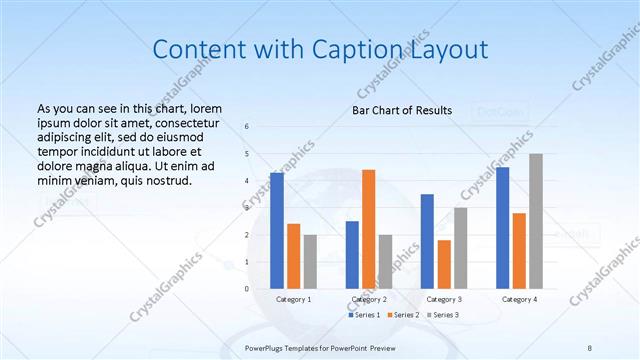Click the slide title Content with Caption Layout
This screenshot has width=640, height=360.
[319, 49]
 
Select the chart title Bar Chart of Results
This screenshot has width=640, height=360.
[402, 110]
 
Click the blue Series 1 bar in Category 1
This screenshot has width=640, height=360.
[277, 230]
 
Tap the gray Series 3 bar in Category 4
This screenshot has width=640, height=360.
[536, 221]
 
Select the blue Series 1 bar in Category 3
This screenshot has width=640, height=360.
[427, 241]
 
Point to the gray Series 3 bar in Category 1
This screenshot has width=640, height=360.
[310, 261]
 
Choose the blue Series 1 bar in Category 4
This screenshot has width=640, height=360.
[502, 228]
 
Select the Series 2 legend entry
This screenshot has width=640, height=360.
[403, 315]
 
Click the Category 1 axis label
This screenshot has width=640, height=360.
[293, 299]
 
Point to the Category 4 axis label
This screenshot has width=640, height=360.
[519, 299]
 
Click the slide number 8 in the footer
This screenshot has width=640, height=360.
[589, 347]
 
